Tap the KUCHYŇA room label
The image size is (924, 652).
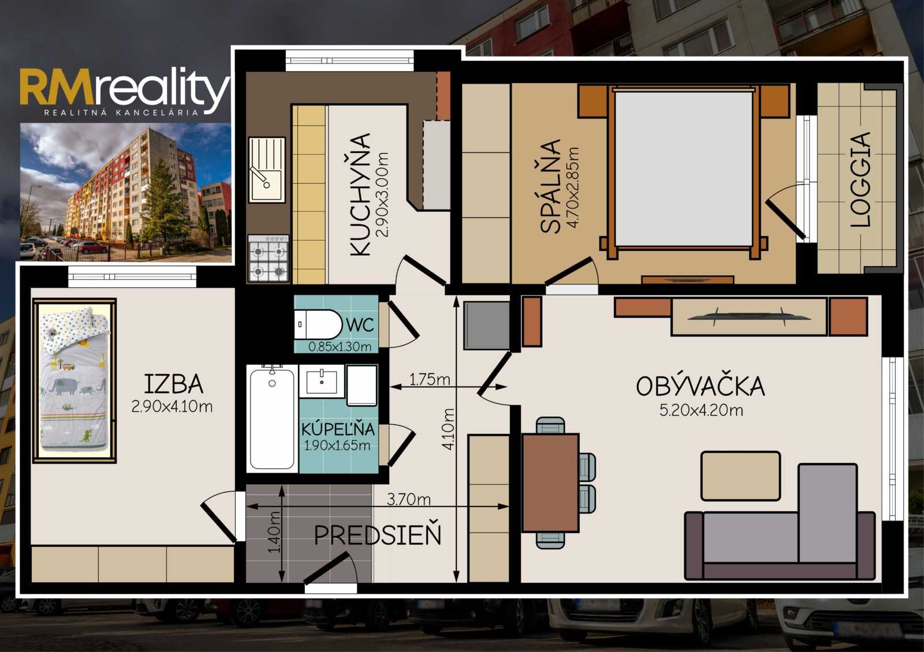(x=360, y=194)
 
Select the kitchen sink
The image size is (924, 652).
(x=267, y=170)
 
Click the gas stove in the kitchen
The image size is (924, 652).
(x=268, y=258)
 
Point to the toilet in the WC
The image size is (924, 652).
(x=318, y=324)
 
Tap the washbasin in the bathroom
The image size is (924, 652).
(x=321, y=381)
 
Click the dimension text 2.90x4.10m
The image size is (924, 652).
(x=172, y=407)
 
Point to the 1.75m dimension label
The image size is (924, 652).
(x=430, y=379)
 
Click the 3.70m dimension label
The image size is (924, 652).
(x=408, y=500)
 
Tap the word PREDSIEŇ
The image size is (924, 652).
(x=378, y=535)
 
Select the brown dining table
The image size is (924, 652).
(x=550, y=482)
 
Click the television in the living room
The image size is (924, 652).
(x=748, y=317)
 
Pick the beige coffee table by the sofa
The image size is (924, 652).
(x=740, y=476)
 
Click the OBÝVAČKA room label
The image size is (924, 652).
(x=701, y=386)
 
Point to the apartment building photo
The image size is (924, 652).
(x=125, y=193)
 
